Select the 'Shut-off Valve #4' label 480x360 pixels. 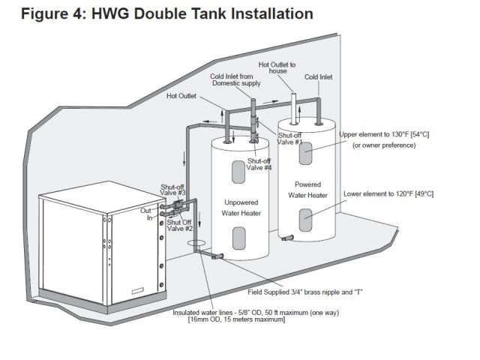click(x=259, y=163)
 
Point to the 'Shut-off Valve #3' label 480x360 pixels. click(x=173, y=189)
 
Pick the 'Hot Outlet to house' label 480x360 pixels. click(x=277, y=67)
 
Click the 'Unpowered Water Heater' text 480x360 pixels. click(x=240, y=207)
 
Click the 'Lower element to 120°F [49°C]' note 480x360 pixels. click(x=388, y=193)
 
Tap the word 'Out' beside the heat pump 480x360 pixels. click(x=145, y=212)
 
